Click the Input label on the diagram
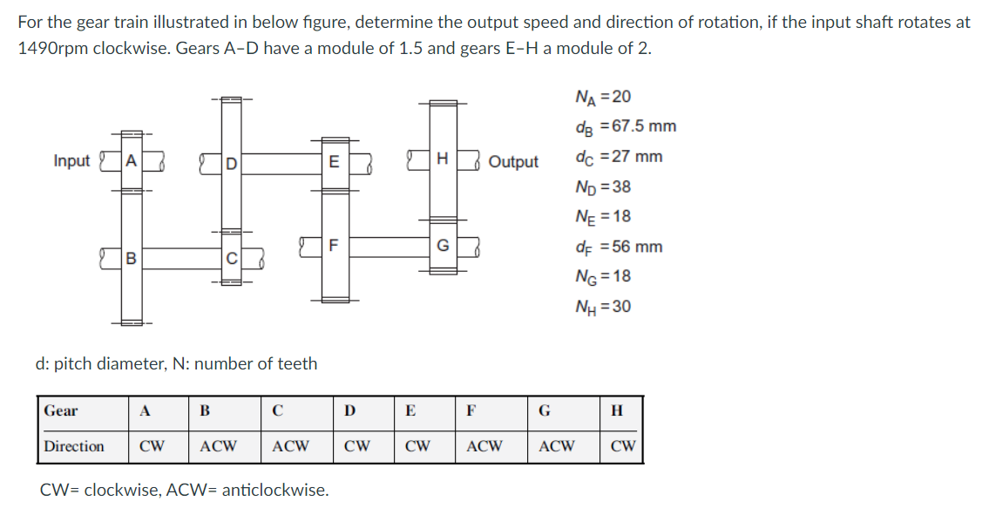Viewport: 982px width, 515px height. pyautogui.click(x=71, y=161)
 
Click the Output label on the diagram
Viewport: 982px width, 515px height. pyautogui.click(x=513, y=162)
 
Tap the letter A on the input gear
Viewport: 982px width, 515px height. pyautogui.click(x=131, y=161)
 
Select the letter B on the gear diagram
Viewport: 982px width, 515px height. pyautogui.click(x=131, y=258)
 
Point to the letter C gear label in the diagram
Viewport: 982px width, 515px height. pyautogui.click(x=231, y=258)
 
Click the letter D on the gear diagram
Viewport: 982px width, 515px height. pyautogui.click(x=231, y=162)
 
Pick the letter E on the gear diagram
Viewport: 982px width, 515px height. pyautogui.click(x=333, y=161)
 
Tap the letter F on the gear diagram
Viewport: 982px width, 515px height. pyautogui.click(x=333, y=245)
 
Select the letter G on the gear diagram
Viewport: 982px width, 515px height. pyautogui.click(x=443, y=246)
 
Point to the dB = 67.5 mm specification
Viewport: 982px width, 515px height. pyautogui.click(x=625, y=126)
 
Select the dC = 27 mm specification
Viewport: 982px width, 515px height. pyautogui.click(x=618, y=157)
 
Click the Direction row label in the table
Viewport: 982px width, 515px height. pyautogui.click(x=74, y=446)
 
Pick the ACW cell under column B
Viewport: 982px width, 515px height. pyautogui.click(x=218, y=446)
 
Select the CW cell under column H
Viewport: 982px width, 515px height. pyautogui.click(x=622, y=446)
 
